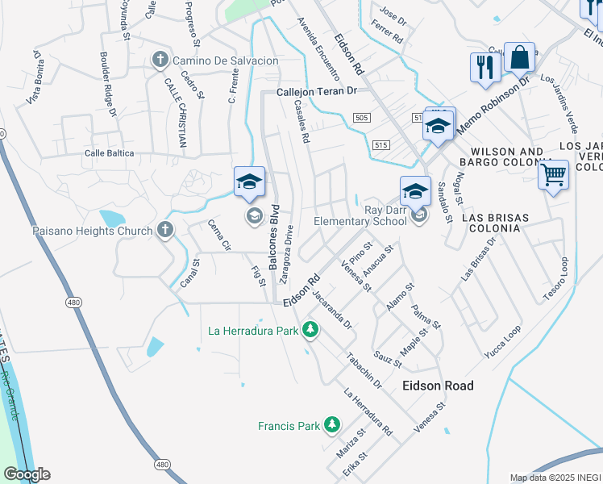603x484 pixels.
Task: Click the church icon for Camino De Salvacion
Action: [x=160, y=60]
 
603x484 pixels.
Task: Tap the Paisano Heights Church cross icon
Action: [x=165, y=231]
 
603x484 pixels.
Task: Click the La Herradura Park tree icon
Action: [x=310, y=329]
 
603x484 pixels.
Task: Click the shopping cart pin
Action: [x=553, y=174]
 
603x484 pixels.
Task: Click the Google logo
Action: [x=27, y=474]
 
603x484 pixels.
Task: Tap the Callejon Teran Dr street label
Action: [x=316, y=92]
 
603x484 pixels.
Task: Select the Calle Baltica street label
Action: [x=110, y=153]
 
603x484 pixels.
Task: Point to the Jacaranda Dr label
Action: [x=333, y=310]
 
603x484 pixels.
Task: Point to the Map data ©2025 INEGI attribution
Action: [x=555, y=478]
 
